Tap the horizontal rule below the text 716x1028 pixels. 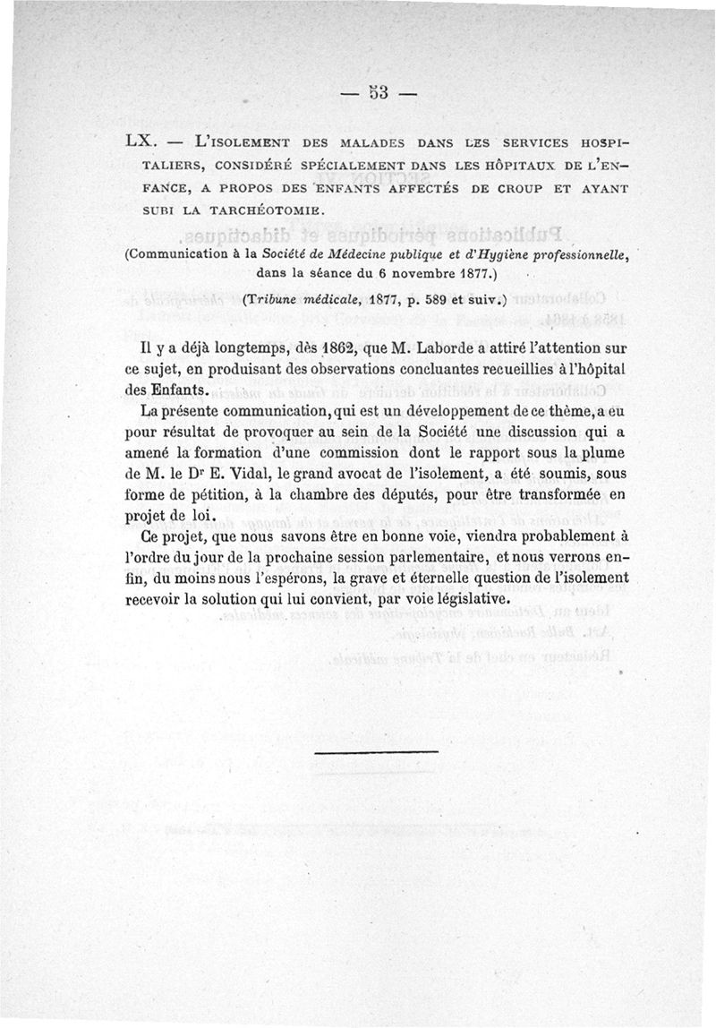tap(377, 751)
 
